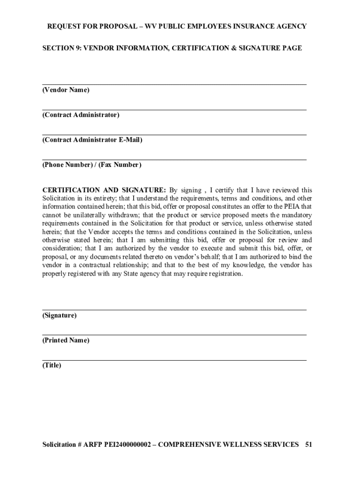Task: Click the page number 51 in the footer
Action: pos(308,444)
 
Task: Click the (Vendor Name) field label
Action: pos(65,90)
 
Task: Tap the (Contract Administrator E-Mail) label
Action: pos(92,140)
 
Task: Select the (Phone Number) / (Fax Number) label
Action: pos(92,165)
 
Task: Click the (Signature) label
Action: pos(59,315)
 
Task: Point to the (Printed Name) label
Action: pos(65,341)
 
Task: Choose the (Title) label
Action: pos(52,365)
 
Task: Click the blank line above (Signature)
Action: pos(174,310)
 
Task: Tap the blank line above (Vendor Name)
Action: pos(174,84)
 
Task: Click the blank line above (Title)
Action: pos(174,360)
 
